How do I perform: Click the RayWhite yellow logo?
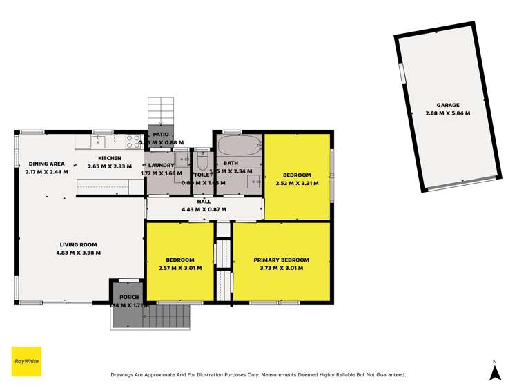click(x=26, y=361)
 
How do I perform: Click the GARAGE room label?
click(x=447, y=106)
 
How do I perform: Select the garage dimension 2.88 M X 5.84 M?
click(x=447, y=113)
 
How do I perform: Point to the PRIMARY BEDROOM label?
click(x=281, y=260)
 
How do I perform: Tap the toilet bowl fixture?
click(x=202, y=161)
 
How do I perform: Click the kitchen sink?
click(x=99, y=142)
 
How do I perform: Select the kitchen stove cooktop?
click(x=133, y=142)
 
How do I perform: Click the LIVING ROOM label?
click(x=78, y=244)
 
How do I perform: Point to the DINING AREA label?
click(x=46, y=164)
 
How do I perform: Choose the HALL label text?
click(x=204, y=202)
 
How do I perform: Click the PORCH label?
click(x=129, y=297)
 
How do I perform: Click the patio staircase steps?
click(x=162, y=110)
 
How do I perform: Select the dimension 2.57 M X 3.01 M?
click(x=179, y=268)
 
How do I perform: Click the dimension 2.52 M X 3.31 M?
click(x=297, y=183)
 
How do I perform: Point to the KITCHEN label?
click(x=104, y=158)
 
